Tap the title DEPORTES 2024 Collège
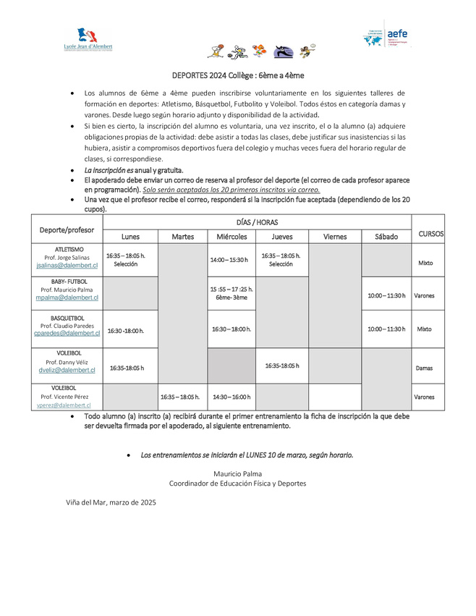click(238, 75)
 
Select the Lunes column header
click(130, 237)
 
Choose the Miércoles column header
click(231, 237)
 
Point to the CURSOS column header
click(431, 234)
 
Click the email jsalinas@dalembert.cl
click(67, 266)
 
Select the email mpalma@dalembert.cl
click(67, 298)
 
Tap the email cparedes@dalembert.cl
click(67, 334)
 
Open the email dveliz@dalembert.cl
click(67, 370)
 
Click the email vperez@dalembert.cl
click(67, 405)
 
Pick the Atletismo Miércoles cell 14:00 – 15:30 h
click(229, 259)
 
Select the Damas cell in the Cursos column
click(425, 368)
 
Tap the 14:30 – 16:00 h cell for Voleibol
click(231, 397)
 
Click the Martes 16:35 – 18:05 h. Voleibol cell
click(180, 397)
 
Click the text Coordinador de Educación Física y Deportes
click(237, 484)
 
